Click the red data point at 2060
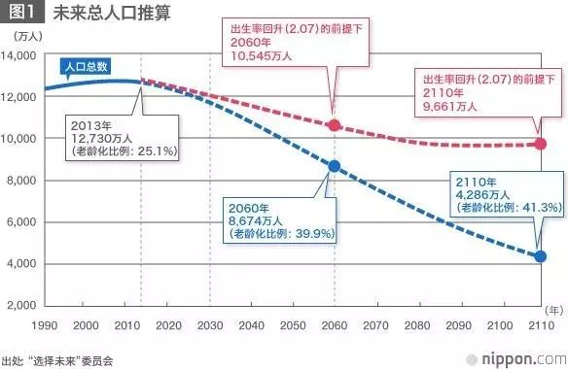click(x=335, y=125)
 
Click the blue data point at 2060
click(x=335, y=167)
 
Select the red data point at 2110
click(x=542, y=144)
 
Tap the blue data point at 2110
click(x=542, y=256)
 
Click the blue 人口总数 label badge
click(x=86, y=68)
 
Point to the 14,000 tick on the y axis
click(x=18, y=55)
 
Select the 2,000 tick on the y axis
click(x=21, y=306)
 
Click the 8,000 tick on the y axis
click(x=21, y=181)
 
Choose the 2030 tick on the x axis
click(x=209, y=324)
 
